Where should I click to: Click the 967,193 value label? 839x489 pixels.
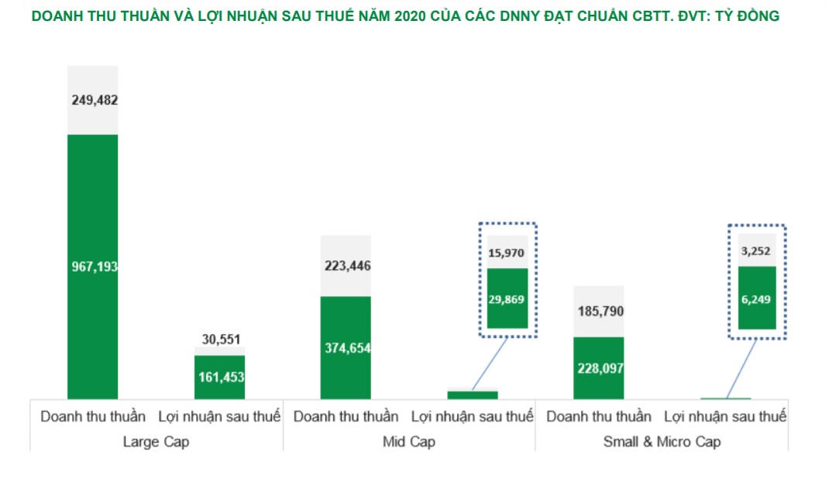pyautogui.click(x=92, y=267)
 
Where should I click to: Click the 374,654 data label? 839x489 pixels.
pyautogui.click(x=346, y=348)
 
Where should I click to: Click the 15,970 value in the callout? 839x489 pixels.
pyautogui.click(x=507, y=253)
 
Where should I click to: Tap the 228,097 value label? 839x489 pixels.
pyautogui.click(x=598, y=369)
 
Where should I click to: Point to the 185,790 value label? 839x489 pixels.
pyautogui.click(x=598, y=312)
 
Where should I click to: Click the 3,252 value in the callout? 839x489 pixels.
pyautogui.click(x=757, y=250)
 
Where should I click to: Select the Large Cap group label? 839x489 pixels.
pyautogui.click(x=156, y=442)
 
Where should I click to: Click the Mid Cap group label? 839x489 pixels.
pyautogui.click(x=409, y=442)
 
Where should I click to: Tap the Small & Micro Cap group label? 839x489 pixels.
pyautogui.click(x=662, y=442)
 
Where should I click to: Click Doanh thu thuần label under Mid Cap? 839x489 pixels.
pyautogui.click(x=346, y=417)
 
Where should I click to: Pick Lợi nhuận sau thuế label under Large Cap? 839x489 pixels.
pyautogui.click(x=219, y=417)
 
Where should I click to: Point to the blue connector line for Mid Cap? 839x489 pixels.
pyautogui.click(x=489, y=364)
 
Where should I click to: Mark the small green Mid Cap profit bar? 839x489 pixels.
pyautogui.click(x=472, y=395)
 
